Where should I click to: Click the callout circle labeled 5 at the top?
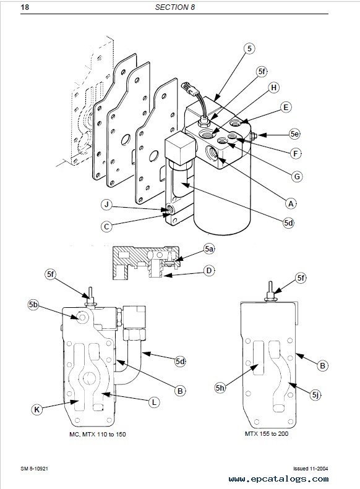(x=249, y=48)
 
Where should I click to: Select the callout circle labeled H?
(x=274, y=88)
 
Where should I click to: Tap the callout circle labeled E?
(x=286, y=108)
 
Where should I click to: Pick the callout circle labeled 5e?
(x=294, y=134)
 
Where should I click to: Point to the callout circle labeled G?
(x=297, y=177)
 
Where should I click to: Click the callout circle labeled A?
(x=291, y=203)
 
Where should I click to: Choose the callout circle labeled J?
(x=106, y=205)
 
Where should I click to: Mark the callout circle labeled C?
(x=106, y=226)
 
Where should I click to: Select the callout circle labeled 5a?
(x=209, y=249)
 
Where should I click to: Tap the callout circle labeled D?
(x=209, y=270)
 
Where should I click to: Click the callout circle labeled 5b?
(x=33, y=305)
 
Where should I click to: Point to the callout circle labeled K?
(x=37, y=409)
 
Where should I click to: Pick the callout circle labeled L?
(x=154, y=402)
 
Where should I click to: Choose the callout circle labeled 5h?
(x=220, y=388)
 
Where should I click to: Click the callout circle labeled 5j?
(x=315, y=395)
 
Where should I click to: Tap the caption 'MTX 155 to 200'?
(x=267, y=433)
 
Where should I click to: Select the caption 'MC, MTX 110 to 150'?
(x=98, y=434)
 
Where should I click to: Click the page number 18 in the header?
(x=25, y=7)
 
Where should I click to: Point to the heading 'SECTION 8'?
(x=174, y=7)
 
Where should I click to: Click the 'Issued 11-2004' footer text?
(x=311, y=469)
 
